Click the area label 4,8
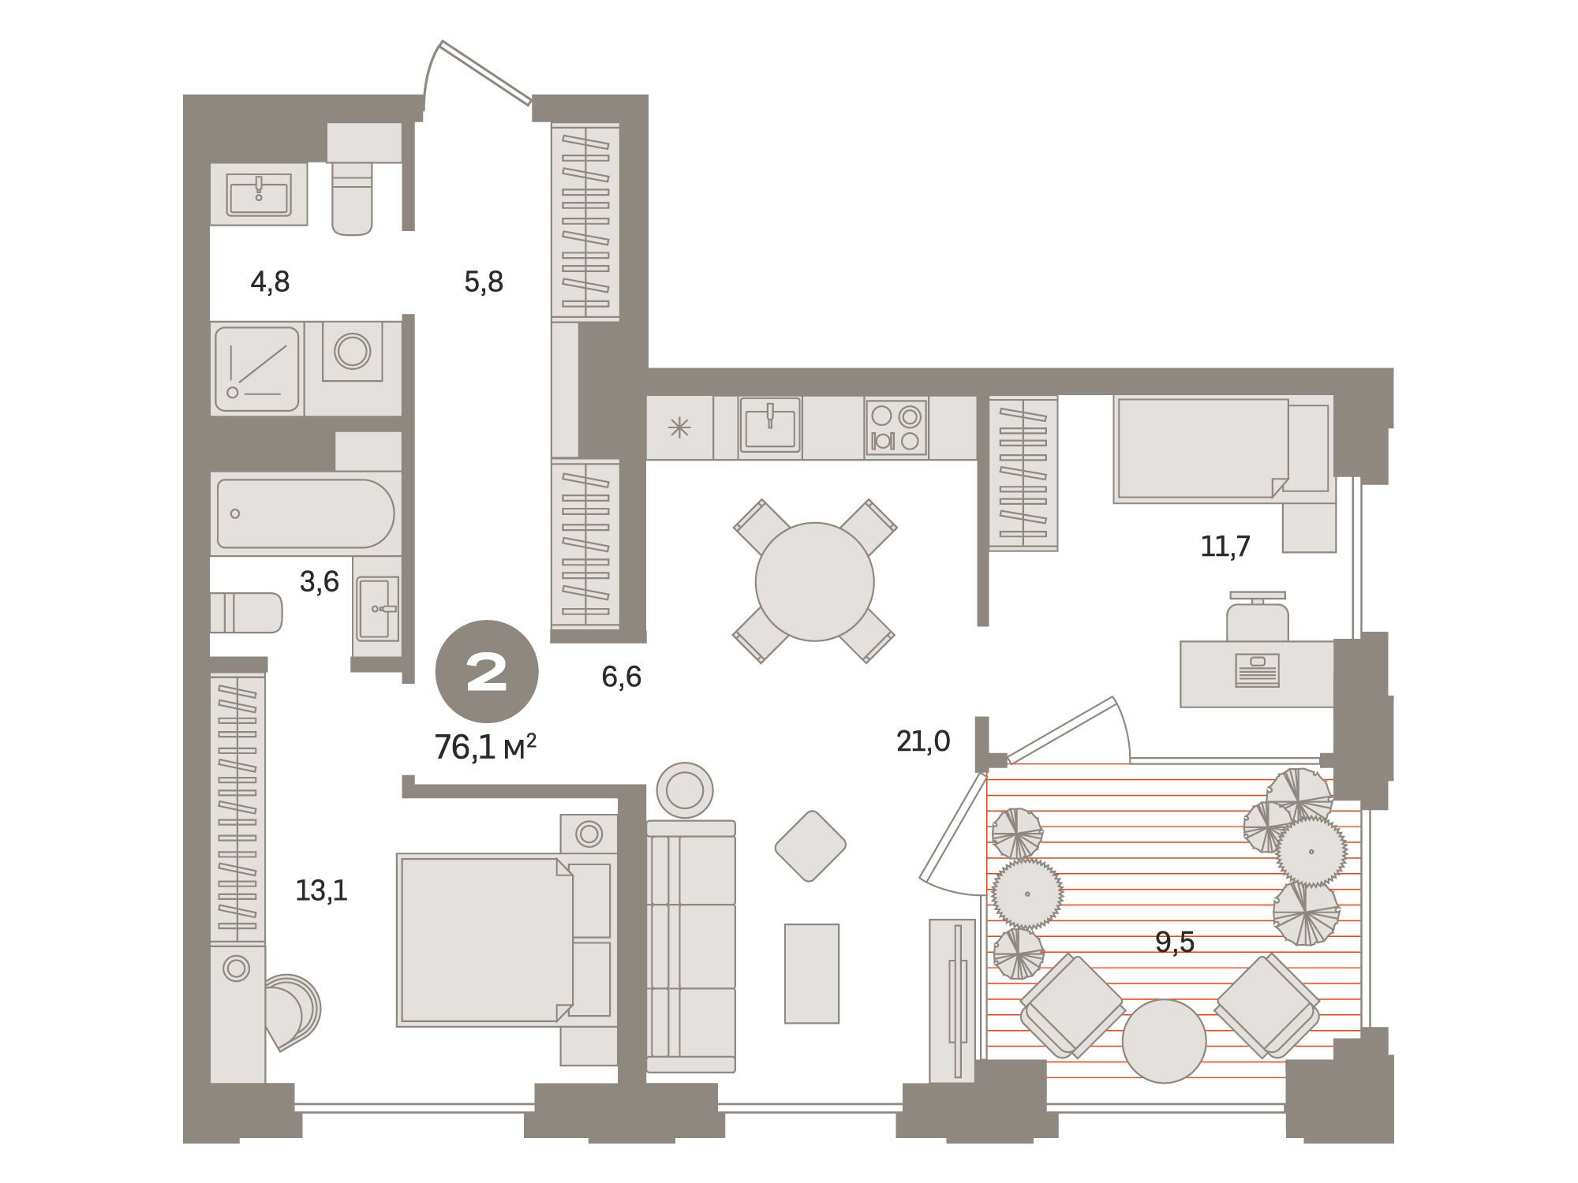[270, 282]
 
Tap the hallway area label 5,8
[484, 282]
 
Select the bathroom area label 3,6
[319, 582]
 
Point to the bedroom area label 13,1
[321, 891]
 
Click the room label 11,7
[1225, 546]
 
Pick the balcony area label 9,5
[1175, 942]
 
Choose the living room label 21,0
[923, 741]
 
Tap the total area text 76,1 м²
[486, 746]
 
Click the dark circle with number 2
[487, 672]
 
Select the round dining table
[814, 582]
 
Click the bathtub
[305, 513]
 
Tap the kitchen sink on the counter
[769, 427]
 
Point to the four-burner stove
[896, 427]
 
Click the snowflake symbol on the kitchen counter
[679, 427]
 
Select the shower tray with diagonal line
[256, 368]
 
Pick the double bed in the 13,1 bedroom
[506, 939]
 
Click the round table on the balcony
[1164, 1041]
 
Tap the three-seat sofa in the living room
[691, 946]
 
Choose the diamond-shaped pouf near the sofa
[810, 846]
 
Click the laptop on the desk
[1257, 670]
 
